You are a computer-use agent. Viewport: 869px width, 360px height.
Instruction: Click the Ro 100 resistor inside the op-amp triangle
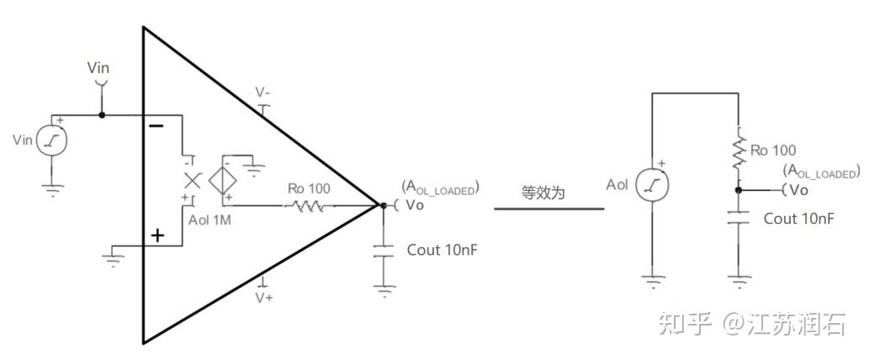[x=308, y=204]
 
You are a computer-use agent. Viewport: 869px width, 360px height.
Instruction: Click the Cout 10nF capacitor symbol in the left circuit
[x=384, y=251]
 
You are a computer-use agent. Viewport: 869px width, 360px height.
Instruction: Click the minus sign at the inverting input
[x=156, y=126]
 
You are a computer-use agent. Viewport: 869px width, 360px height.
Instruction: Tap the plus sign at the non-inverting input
[x=157, y=236]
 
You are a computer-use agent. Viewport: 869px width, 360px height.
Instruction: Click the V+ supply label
[x=264, y=298]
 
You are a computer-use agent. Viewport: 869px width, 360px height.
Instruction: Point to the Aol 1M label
[x=210, y=220]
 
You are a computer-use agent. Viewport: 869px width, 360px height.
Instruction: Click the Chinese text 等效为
[x=543, y=193]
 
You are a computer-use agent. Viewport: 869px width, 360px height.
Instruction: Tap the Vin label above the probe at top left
[x=98, y=67]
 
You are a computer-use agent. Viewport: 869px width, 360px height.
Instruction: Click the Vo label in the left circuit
[x=415, y=204]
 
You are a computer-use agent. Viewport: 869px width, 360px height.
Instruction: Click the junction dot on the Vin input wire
[x=102, y=114]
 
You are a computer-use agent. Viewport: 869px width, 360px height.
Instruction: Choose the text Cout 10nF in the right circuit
[x=798, y=219]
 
